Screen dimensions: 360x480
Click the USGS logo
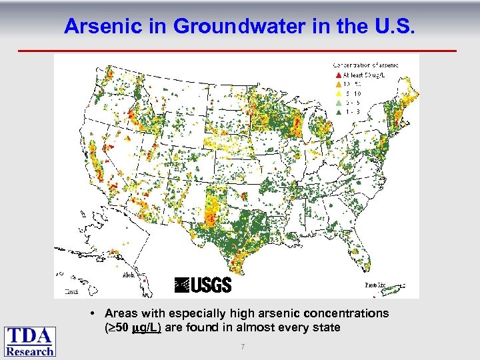coord(203,285)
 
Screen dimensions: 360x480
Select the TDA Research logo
coord(30,341)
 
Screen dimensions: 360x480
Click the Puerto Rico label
coord(375,285)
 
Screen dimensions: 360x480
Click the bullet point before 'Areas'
coord(97,313)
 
